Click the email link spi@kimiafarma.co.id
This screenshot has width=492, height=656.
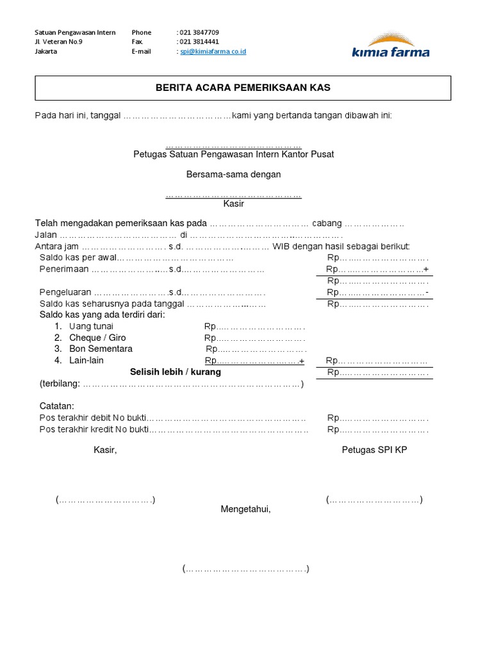[213, 51]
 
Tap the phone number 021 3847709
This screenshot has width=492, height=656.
[199, 32]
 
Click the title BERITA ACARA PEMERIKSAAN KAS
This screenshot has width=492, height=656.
[243, 88]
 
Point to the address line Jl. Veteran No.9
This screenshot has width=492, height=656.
[59, 42]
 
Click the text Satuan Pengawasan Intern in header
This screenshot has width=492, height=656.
[75, 32]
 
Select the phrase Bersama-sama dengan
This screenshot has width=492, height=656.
[233, 174]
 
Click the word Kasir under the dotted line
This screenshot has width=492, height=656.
[233, 204]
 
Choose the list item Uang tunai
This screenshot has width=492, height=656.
[91, 326]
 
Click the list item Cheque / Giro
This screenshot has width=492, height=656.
[97, 338]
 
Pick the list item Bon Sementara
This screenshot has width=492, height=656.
[101, 349]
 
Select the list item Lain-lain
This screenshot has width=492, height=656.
[86, 361]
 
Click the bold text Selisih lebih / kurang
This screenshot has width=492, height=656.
[176, 372]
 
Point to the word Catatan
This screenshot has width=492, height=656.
[57, 406]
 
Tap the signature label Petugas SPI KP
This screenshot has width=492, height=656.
[374, 450]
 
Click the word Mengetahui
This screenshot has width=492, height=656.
[246, 509]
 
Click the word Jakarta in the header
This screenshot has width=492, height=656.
[46, 51]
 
